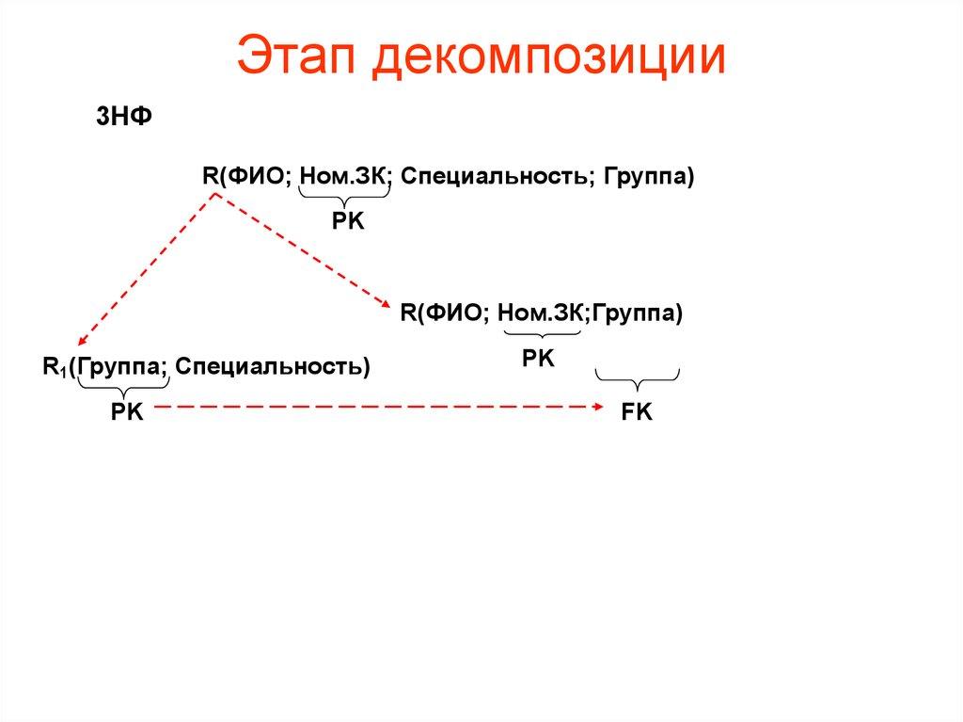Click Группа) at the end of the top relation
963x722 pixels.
click(649, 176)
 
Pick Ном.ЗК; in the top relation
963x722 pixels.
click(346, 176)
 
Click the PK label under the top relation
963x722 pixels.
click(347, 220)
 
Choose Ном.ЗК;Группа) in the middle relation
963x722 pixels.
click(591, 313)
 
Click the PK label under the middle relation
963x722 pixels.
click(539, 360)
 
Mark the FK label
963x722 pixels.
click(638, 413)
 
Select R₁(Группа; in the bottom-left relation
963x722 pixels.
click(103, 365)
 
